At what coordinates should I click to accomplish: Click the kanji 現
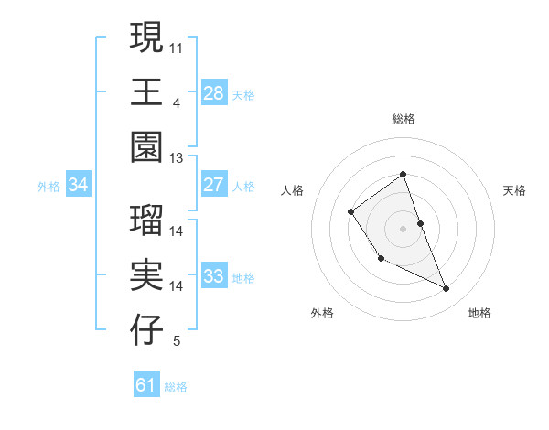coord(146,38)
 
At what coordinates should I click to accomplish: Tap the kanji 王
coord(146,93)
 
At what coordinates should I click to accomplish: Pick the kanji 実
coord(146,276)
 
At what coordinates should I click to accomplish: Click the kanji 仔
coord(146,331)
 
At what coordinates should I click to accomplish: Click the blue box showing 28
coord(213,93)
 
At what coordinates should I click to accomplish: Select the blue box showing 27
coord(213,185)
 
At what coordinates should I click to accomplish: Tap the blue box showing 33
coord(213,276)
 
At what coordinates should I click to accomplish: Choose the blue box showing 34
coord(79,185)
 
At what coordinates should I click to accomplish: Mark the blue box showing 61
coord(146,385)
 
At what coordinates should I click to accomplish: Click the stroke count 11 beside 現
coord(177,47)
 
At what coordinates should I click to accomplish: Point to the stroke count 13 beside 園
coord(177,157)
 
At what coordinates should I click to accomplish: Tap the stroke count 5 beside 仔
coord(177,340)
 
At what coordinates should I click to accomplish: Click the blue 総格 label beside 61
coord(176,387)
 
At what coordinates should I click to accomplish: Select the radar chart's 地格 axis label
coord(479,313)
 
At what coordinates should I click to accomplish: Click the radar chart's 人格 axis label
coord(293,190)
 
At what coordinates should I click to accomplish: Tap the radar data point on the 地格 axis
coord(447,289)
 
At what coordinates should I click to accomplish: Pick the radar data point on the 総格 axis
coord(403,174)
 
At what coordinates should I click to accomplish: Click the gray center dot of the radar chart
coord(403,228)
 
